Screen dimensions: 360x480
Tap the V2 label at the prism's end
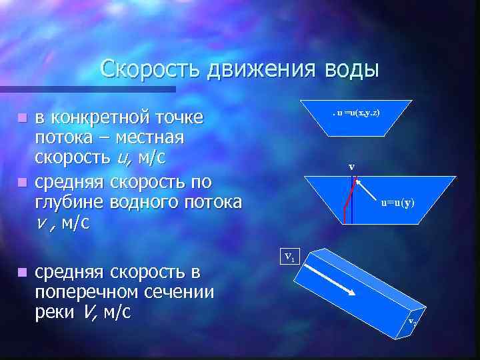coord(413,323)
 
